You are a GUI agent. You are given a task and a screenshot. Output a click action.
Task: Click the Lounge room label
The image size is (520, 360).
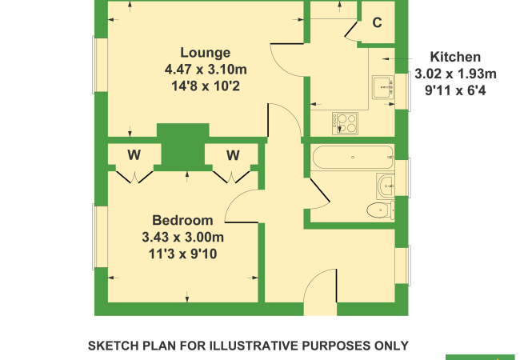click(206, 54)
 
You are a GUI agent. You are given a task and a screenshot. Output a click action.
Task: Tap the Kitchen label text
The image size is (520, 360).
click(455, 58)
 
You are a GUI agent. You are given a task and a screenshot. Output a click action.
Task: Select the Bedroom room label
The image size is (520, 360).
click(182, 221)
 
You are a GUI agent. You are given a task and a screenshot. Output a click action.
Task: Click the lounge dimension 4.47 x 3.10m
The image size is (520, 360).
click(206, 70)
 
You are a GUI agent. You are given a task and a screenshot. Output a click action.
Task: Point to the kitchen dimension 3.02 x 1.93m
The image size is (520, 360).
click(455, 74)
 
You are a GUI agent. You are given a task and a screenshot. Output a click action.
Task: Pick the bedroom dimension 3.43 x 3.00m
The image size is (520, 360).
click(182, 238)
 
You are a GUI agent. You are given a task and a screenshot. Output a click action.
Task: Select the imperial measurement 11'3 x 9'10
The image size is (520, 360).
click(182, 254)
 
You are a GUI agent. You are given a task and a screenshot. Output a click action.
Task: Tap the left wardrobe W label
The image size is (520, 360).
click(134, 154)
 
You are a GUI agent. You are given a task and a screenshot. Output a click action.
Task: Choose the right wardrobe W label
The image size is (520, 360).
click(233, 154)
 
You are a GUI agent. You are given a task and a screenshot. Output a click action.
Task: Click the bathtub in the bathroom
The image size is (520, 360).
click(352, 158)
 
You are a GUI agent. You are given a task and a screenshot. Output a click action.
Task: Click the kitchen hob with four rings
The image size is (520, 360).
click(346, 122)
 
